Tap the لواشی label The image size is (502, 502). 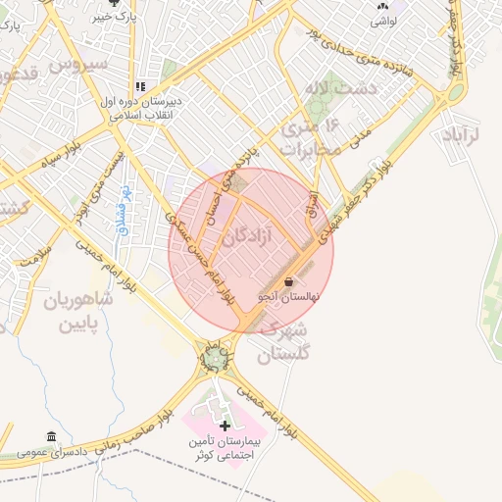(381, 20)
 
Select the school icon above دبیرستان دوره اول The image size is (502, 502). (141, 85)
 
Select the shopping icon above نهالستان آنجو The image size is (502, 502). (289, 282)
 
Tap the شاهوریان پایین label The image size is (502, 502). (77, 311)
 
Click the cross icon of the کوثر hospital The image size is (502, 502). (225, 426)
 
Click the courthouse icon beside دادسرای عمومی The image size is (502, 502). (51, 436)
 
